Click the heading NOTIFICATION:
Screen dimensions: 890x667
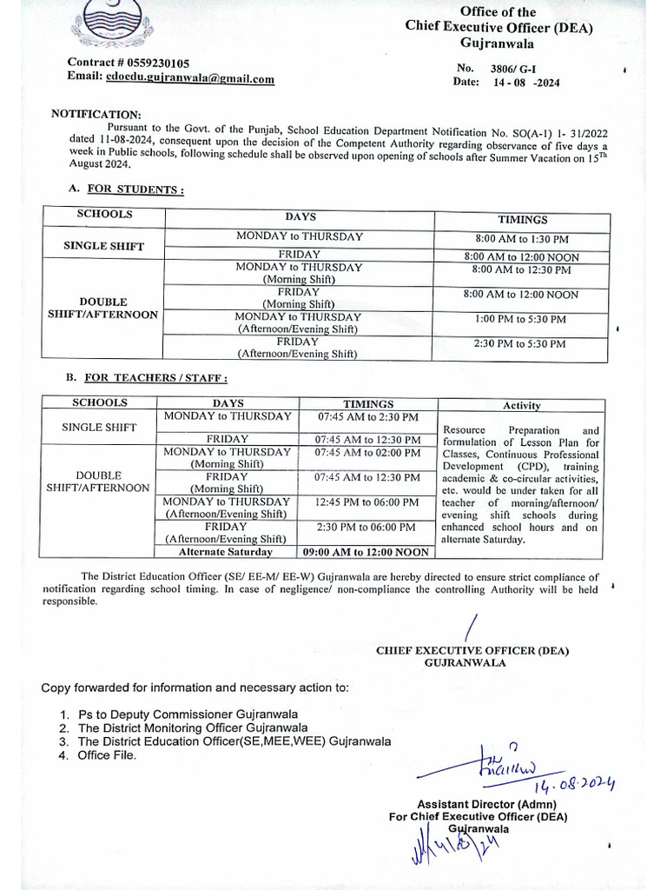96,114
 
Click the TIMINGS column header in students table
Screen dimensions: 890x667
522,220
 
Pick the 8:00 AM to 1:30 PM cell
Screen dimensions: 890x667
521,239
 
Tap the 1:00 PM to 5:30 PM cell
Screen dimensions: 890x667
520,320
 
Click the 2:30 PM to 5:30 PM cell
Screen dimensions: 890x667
520,344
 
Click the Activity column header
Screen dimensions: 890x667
521,405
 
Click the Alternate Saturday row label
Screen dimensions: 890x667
225,552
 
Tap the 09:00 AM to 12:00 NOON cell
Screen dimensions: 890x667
366,552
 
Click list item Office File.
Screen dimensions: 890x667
107,755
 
